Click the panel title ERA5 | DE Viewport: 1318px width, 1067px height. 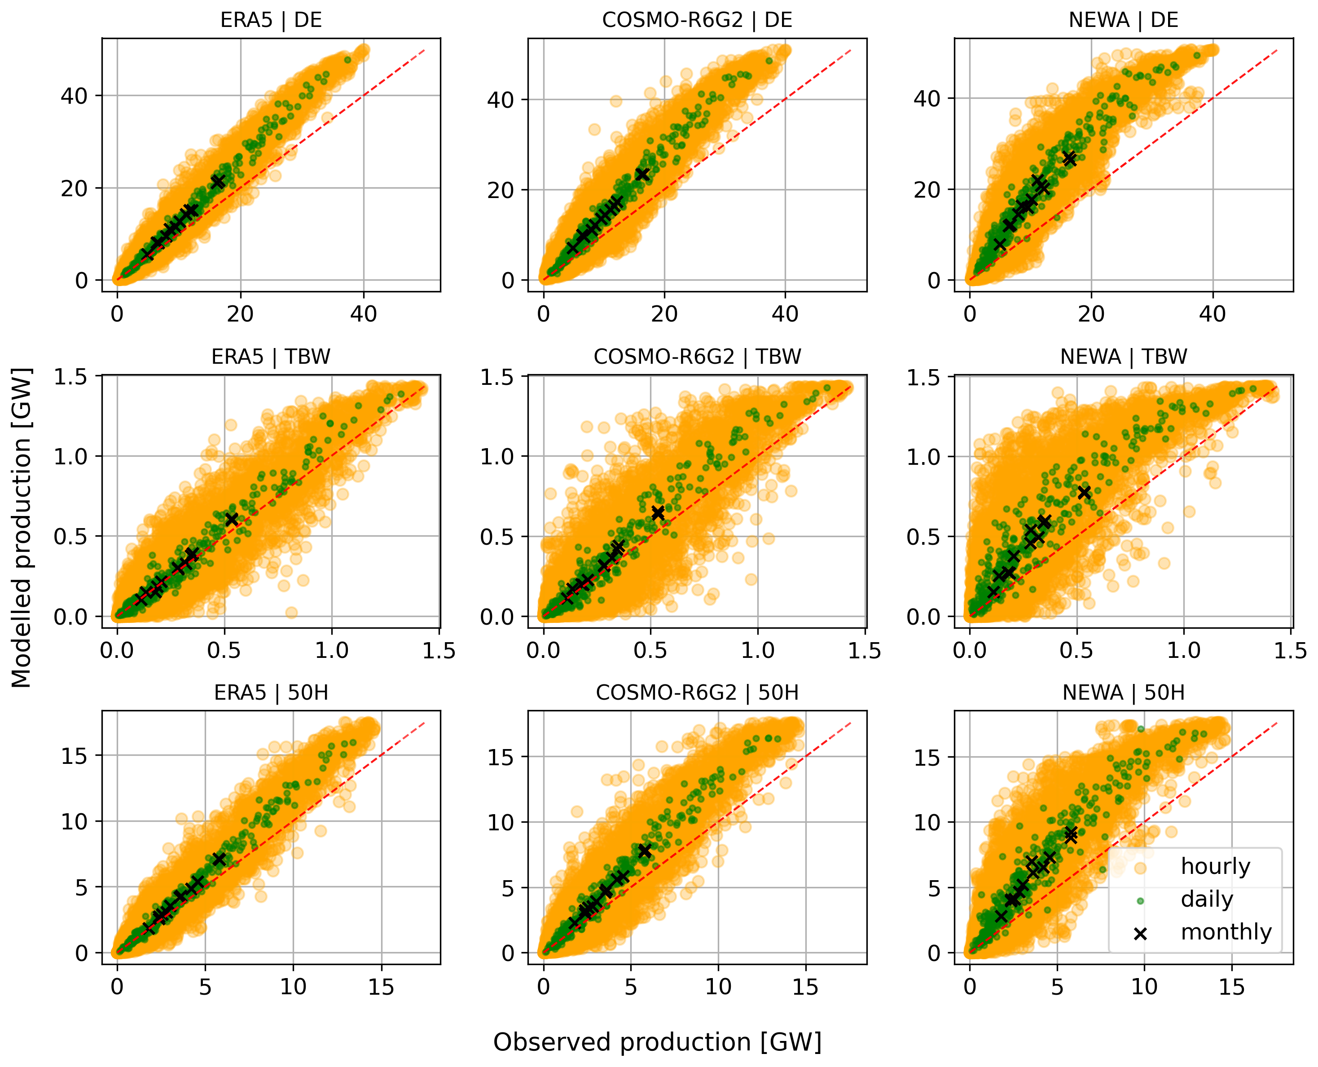271,20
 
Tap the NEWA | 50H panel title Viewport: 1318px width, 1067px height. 1123,692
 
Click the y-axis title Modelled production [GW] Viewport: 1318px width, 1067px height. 22,528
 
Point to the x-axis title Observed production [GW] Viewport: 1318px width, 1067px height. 658,1042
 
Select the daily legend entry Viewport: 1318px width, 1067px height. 1207,899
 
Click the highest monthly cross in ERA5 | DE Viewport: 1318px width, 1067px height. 218,181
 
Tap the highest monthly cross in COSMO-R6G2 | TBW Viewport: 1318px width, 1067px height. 658,512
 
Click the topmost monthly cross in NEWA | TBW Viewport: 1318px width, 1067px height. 1084,492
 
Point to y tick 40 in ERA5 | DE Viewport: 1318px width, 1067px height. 74,96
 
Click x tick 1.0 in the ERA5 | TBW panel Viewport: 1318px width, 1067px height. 332,650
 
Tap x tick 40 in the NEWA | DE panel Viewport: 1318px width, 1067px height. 1213,314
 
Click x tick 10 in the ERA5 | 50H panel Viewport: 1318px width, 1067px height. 293,987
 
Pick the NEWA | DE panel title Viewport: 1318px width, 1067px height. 1123,20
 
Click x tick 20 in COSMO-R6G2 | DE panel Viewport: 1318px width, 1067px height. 664,314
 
